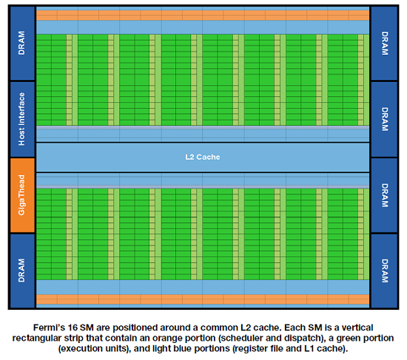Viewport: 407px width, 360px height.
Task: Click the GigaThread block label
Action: point(21,195)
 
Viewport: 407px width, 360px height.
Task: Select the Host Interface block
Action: point(22,119)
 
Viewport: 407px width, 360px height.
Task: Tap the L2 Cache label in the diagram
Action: point(203,157)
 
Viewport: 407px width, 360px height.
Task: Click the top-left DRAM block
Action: point(22,44)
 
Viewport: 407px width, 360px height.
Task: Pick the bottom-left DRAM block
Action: point(22,271)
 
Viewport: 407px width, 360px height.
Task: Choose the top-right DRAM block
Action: point(384,44)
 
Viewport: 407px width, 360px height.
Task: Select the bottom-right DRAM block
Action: point(384,271)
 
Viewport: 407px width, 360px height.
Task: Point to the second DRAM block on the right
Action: point(384,119)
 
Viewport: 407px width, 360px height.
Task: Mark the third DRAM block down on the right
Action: point(384,195)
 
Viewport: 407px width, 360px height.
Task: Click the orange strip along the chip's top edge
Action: point(203,16)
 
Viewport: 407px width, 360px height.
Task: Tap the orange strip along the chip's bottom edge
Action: point(203,299)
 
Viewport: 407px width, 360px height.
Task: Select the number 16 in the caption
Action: point(73,327)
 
